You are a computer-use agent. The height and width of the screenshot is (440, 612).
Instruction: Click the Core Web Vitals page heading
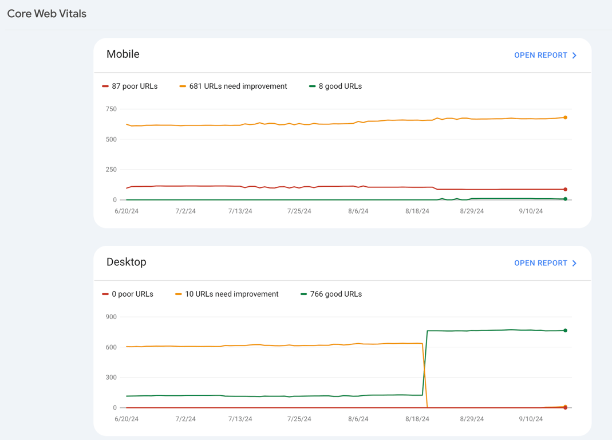47,14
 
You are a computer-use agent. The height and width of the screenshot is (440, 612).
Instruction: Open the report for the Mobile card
545,55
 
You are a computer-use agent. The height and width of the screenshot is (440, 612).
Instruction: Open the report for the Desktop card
545,263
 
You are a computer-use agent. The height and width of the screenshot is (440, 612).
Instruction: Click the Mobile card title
123,54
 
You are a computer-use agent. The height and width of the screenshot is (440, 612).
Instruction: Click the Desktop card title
126,262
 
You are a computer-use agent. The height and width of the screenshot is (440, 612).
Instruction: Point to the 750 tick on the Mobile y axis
110,109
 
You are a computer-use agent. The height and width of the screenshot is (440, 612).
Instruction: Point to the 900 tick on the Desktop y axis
110,317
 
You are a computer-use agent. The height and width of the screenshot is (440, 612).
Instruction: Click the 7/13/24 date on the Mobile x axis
240,211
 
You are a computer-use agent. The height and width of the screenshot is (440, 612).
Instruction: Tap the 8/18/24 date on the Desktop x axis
417,419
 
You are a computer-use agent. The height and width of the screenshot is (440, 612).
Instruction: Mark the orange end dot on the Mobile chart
566,117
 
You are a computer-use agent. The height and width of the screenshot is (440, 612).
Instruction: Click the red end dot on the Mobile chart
566,189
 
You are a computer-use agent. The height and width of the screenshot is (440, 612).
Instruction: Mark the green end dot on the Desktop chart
566,331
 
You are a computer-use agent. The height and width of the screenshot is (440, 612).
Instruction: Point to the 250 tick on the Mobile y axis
110,170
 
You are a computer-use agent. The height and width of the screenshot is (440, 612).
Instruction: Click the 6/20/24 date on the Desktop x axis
127,419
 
